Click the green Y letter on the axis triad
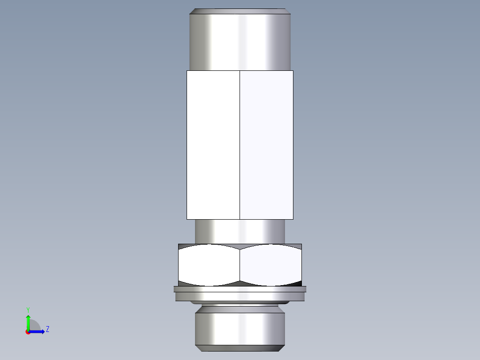click(x=28, y=309)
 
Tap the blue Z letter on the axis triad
click(x=47, y=329)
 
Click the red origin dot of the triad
click(x=28, y=332)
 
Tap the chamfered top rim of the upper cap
click(x=240, y=11)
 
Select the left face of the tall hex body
click(x=213, y=145)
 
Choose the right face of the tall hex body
click(x=266, y=145)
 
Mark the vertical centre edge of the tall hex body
click(x=240, y=145)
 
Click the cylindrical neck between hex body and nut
click(x=240, y=231)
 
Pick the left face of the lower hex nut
click(x=209, y=265)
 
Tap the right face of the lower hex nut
click(x=271, y=265)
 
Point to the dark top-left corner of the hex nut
click(x=183, y=246)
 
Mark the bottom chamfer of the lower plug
click(x=240, y=347)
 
